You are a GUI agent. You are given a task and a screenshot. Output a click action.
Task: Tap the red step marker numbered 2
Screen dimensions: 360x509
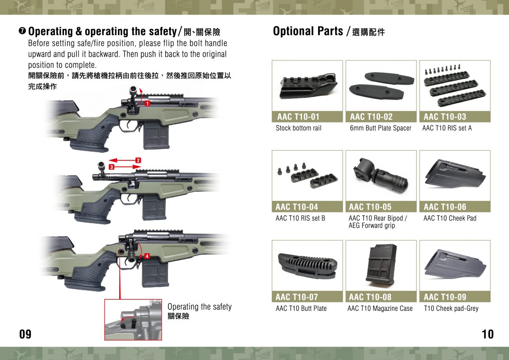tap(138, 160)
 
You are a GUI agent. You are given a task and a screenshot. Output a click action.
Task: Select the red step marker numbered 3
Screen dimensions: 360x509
tap(112, 167)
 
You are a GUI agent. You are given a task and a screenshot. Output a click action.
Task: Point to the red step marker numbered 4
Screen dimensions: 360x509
tap(146, 257)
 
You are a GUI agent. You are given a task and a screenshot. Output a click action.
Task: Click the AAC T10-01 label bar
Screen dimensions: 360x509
tap(307, 117)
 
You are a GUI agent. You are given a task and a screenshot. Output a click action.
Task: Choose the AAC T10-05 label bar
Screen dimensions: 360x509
tap(380, 207)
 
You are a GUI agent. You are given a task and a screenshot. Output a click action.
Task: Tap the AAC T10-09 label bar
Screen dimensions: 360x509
tap(454, 297)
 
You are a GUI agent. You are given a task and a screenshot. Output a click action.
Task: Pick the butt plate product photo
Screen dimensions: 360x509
tap(307, 265)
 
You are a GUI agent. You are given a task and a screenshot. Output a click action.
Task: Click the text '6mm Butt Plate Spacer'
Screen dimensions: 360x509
tap(380, 128)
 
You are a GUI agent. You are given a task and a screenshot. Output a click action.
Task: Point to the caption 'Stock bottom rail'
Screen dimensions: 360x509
tap(299, 128)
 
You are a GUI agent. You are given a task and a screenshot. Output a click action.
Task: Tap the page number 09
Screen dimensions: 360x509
tap(25, 334)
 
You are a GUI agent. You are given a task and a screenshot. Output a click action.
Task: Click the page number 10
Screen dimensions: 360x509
tap(488, 334)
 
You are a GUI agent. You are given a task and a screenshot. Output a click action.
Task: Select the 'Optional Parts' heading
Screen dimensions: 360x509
tap(308, 31)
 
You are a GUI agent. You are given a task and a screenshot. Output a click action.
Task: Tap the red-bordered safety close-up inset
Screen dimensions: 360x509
tap(133, 319)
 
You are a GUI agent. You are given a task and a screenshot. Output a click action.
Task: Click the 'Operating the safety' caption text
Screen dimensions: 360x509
tap(199, 307)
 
